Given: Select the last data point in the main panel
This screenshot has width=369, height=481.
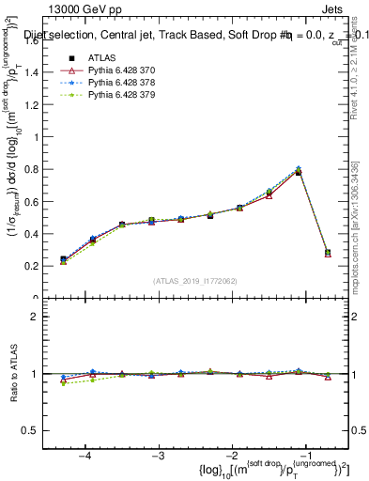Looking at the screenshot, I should [328, 253].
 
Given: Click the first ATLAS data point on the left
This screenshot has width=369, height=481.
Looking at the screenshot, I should [63, 259].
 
